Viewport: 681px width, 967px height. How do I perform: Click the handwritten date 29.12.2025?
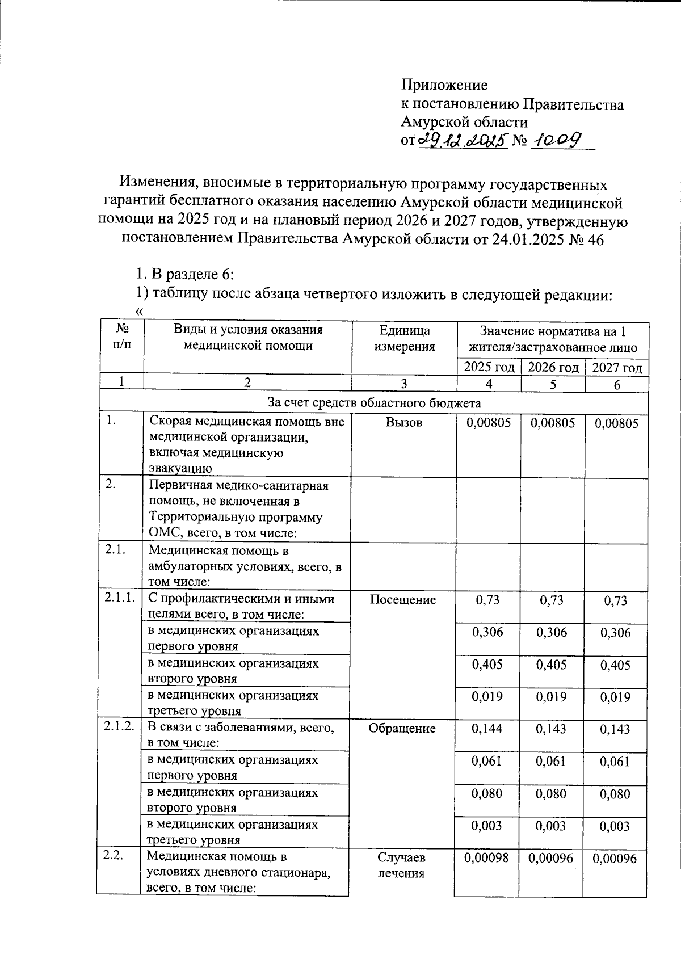(463, 140)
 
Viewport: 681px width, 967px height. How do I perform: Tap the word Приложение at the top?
(444, 85)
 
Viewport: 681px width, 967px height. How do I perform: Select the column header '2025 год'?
(489, 368)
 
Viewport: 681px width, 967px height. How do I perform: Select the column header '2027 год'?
(617, 368)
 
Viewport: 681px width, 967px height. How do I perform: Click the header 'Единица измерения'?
(404, 338)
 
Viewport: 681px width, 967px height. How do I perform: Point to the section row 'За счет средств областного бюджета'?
(374, 403)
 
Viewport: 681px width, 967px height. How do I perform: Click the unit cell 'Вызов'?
(403, 422)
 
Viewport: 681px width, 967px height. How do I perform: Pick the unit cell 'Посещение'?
(402, 599)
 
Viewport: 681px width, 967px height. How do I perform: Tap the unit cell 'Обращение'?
(402, 729)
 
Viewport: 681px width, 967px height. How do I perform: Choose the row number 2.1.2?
(119, 728)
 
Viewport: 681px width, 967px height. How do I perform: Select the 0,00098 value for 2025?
(487, 859)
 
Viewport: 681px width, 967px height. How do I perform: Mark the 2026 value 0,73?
(552, 600)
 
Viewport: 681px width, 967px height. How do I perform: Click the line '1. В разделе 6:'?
(185, 274)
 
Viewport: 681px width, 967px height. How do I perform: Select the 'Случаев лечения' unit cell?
(401, 865)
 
